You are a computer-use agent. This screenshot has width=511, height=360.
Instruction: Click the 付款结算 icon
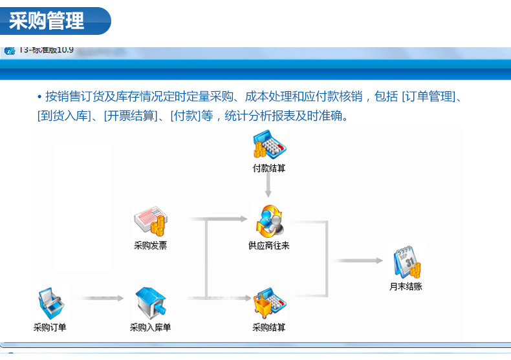tap(268, 145)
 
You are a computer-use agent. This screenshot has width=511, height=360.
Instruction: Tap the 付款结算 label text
tap(268, 168)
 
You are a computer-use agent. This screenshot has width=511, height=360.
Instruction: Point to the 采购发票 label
tap(150, 246)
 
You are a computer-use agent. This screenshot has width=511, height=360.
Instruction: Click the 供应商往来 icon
tap(268, 221)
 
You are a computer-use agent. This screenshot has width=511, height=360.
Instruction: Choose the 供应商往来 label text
tap(268, 246)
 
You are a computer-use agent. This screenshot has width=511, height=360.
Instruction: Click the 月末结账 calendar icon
tap(406, 262)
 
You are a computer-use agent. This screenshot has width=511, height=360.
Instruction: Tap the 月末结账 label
tap(406, 286)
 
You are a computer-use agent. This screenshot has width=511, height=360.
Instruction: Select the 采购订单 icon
tap(50, 304)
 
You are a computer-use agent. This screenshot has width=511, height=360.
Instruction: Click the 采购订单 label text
tap(50, 328)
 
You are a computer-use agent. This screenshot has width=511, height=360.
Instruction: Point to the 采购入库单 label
tap(150, 328)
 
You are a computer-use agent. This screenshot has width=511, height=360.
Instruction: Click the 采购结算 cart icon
tap(268, 304)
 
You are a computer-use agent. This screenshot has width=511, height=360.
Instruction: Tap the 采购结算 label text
tap(268, 328)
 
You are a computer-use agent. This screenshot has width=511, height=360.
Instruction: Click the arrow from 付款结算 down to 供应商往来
tap(268, 186)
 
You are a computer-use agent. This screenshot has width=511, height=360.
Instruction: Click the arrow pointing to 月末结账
tap(359, 260)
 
